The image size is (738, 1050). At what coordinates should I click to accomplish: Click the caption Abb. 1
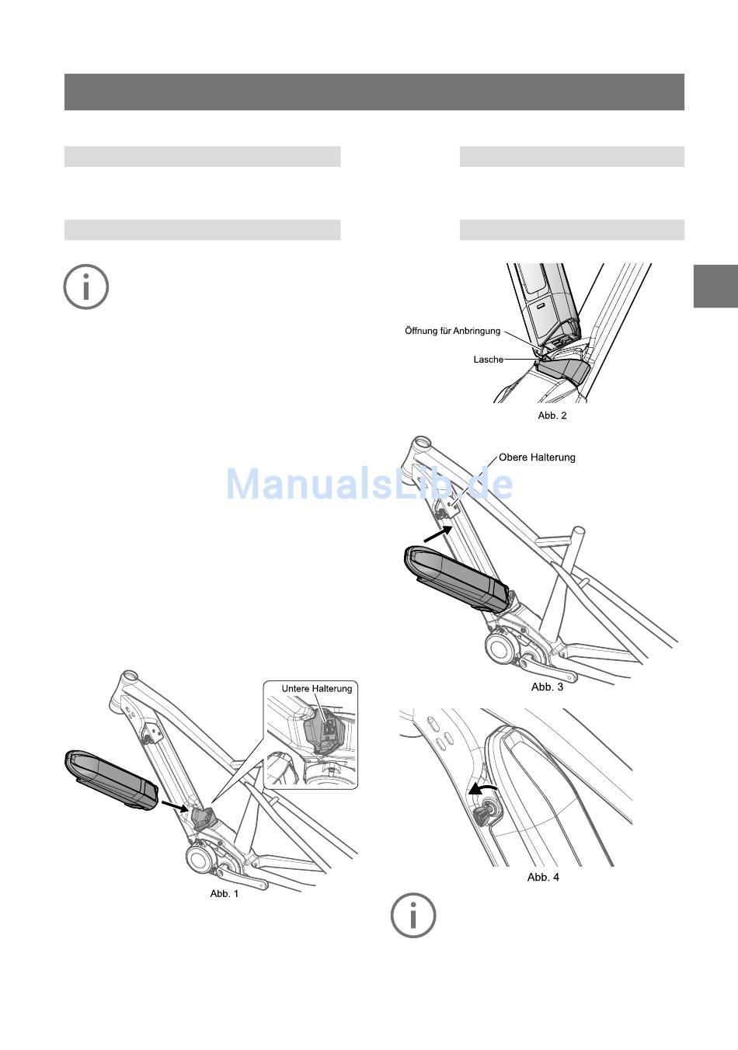tap(225, 894)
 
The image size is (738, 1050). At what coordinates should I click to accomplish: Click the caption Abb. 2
tap(552, 415)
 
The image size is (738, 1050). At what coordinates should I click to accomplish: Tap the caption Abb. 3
tap(547, 687)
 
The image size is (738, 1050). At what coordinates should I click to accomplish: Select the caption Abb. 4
tap(543, 877)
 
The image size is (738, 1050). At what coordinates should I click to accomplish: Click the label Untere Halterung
tap(316, 689)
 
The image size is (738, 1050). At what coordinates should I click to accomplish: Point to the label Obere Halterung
tap(537, 457)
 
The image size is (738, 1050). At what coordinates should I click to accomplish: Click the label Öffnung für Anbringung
tap(452, 331)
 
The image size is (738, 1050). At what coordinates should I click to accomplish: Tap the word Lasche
tap(488, 360)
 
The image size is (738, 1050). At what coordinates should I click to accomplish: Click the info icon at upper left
tap(85, 287)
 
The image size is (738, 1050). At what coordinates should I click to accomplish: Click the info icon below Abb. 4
tap(413, 915)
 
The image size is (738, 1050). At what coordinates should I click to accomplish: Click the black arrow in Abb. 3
tap(438, 534)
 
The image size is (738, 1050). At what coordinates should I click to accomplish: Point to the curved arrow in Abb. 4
tap(482, 791)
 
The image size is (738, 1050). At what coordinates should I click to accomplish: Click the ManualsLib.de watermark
tap(369, 485)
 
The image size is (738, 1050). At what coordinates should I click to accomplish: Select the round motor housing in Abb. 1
tap(200, 860)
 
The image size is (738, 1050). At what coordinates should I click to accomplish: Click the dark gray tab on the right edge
tap(715, 286)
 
